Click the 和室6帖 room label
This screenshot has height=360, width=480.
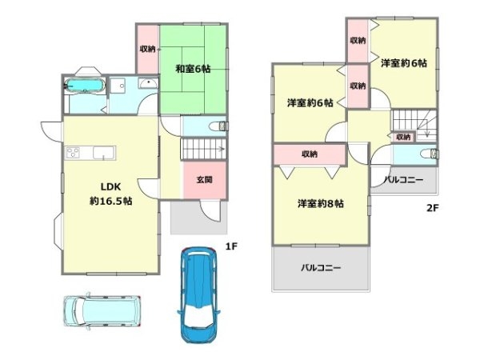click(194, 69)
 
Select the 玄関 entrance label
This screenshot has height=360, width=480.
click(204, 179)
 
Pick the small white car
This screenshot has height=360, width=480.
click(101, 310)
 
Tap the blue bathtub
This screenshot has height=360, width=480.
click(82, 86)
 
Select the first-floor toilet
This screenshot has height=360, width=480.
click(217, 126)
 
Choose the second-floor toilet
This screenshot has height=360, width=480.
click(430, 154)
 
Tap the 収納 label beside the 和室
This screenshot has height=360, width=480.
click(147, 50)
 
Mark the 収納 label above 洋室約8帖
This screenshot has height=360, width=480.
click(310, 153)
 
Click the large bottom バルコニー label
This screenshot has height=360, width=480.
click(322, 267)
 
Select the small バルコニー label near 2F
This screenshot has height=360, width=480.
click(403, 180)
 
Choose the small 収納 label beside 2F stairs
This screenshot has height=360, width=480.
click(404, 137)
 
